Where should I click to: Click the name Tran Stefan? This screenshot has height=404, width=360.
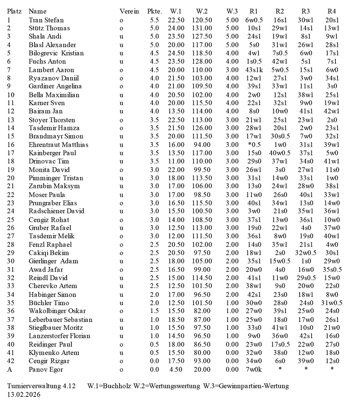(46, 20)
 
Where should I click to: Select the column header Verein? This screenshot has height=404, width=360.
(129, 11)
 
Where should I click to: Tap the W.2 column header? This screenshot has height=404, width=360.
(202, 11)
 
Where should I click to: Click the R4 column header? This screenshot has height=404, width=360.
(331, 11)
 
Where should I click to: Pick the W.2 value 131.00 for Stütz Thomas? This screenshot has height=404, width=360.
(202, 28)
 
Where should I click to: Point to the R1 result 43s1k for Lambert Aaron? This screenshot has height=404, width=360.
(254, 70)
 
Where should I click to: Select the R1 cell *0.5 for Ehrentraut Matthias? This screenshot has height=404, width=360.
(254, 145)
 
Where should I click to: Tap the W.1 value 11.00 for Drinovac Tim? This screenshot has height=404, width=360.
(176, 161)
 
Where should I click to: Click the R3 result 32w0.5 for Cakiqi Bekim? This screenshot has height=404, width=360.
(305, 253)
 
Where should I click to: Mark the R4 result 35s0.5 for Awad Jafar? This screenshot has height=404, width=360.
(332, 270)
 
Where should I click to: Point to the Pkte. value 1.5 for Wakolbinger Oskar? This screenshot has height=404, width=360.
(154, 311)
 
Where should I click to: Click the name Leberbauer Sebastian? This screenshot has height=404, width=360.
(60, 320)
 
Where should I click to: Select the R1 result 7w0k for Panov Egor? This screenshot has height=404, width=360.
(253, 369)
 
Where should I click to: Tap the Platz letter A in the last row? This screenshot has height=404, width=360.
(10, 369)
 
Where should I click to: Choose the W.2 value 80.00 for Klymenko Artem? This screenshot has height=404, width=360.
(202, 353)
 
